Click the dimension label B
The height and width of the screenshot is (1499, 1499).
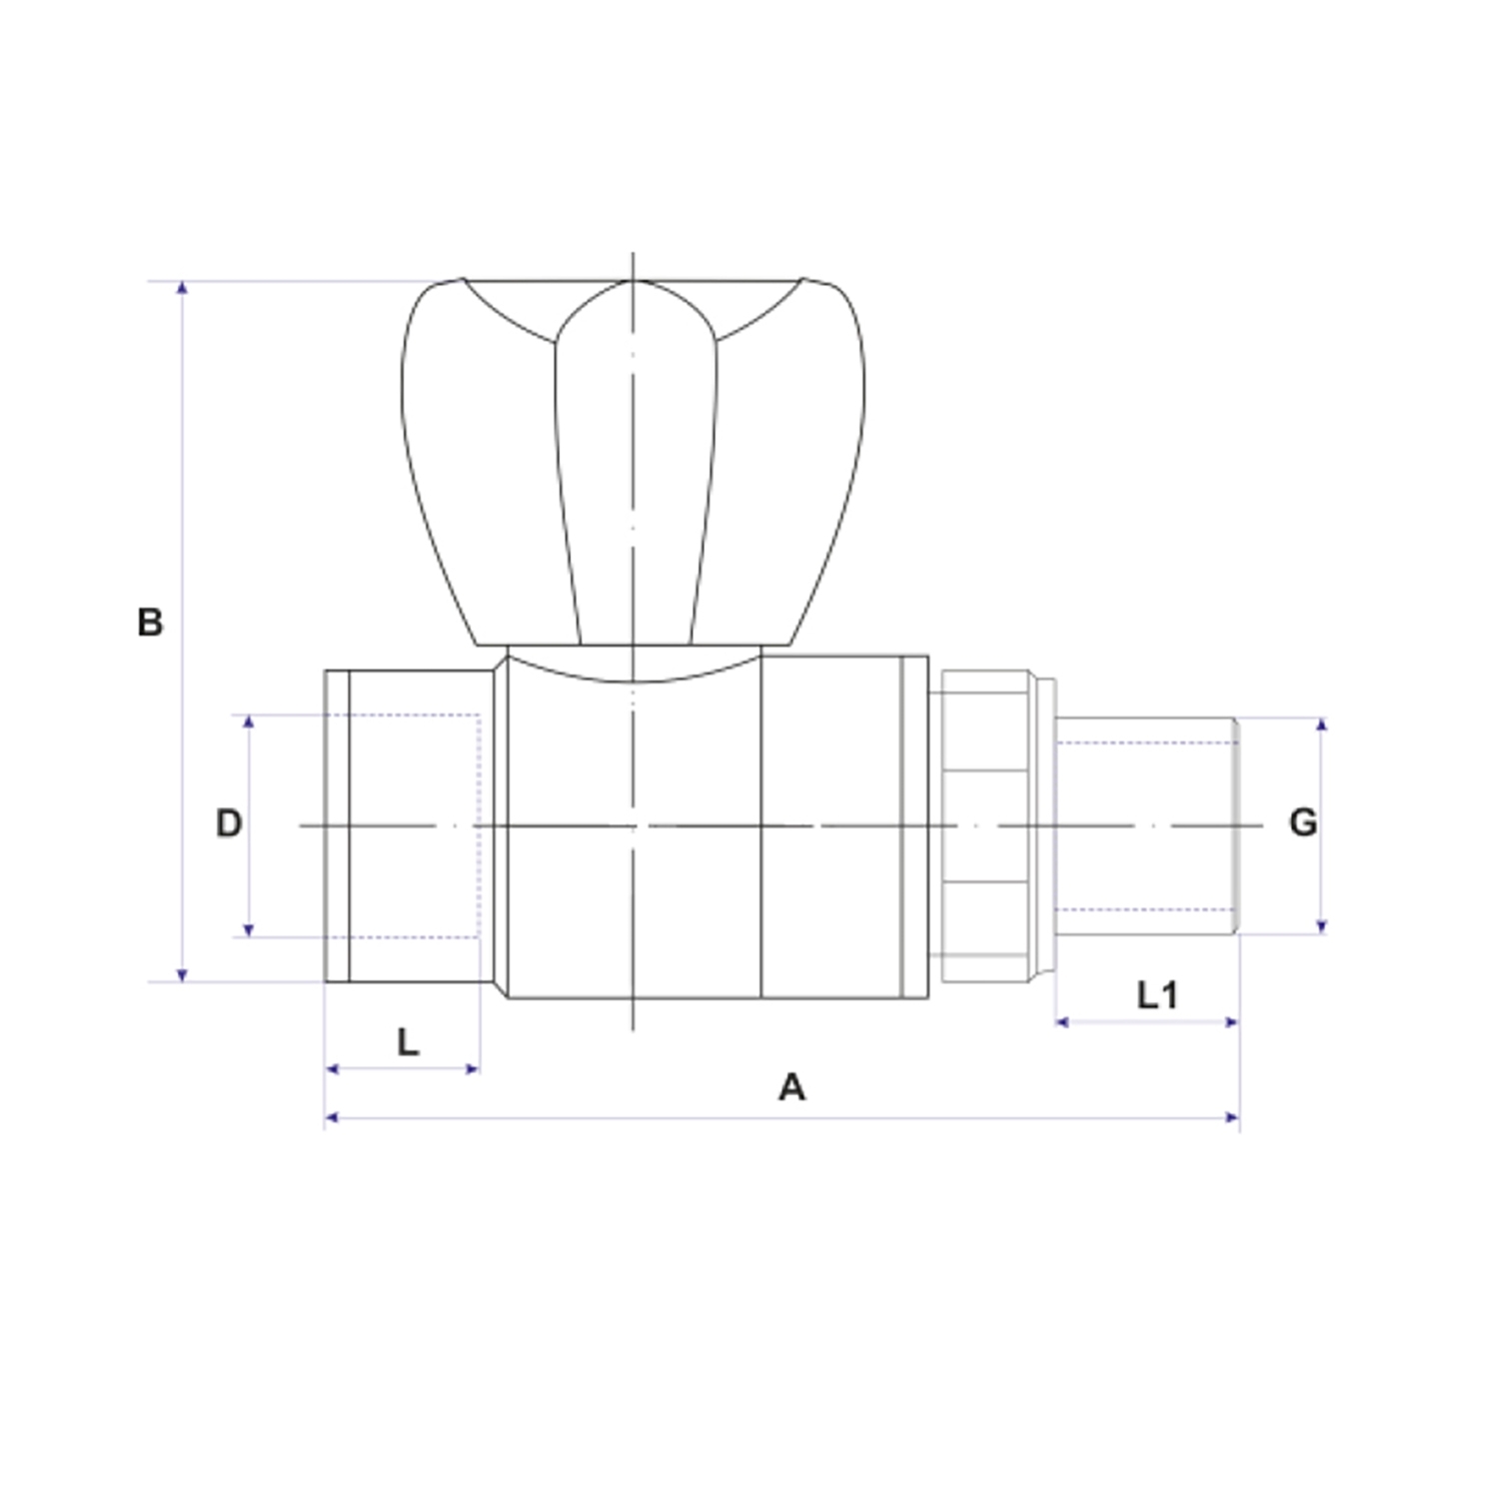(150, 623)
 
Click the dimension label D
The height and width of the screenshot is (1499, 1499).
(229, 823)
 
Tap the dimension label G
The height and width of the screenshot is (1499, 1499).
(1303, 822)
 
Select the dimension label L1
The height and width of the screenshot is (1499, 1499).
(1157, 994)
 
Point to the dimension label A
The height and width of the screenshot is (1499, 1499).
(791, 1086)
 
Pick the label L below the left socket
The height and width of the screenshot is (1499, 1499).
(407, 1042)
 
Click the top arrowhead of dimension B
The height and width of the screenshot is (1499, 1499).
(182, 288)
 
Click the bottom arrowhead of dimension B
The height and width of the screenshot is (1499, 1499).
(182, 974)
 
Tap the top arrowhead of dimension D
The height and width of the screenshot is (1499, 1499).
(249, 722)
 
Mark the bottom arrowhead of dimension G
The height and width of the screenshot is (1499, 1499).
(1321, 926)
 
